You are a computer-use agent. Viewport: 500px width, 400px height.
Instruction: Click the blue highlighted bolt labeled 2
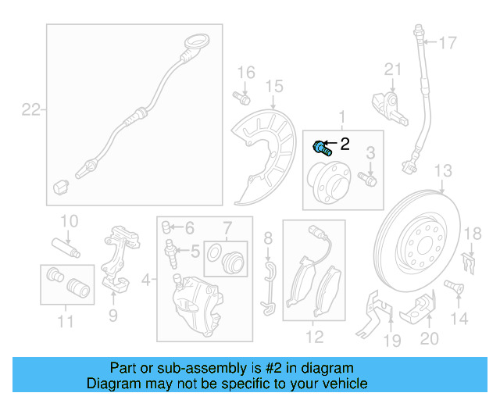pyautogui.click(x=322, y=148)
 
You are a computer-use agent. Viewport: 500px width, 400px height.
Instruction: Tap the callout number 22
pyautogui.click(x=30, y=110)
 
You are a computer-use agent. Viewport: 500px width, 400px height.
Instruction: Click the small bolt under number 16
pyautogui.click(x=241, y=98)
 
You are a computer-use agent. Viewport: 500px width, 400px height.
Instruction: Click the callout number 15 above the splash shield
pyautogui.click(x=273, y=86)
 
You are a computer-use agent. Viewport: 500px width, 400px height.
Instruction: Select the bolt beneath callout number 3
pyautogui.click(x=370, y=179)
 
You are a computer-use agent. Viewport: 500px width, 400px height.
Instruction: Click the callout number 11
pyautogui.click(x=65, y=321)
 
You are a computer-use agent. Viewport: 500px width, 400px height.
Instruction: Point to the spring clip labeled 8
pyautogui.click(x=269, y=287)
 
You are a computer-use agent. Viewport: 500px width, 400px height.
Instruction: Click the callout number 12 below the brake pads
pyautogui.click(x=314, y=337)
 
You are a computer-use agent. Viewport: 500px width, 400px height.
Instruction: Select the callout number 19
pyautogui.click(x=391, y=340)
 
